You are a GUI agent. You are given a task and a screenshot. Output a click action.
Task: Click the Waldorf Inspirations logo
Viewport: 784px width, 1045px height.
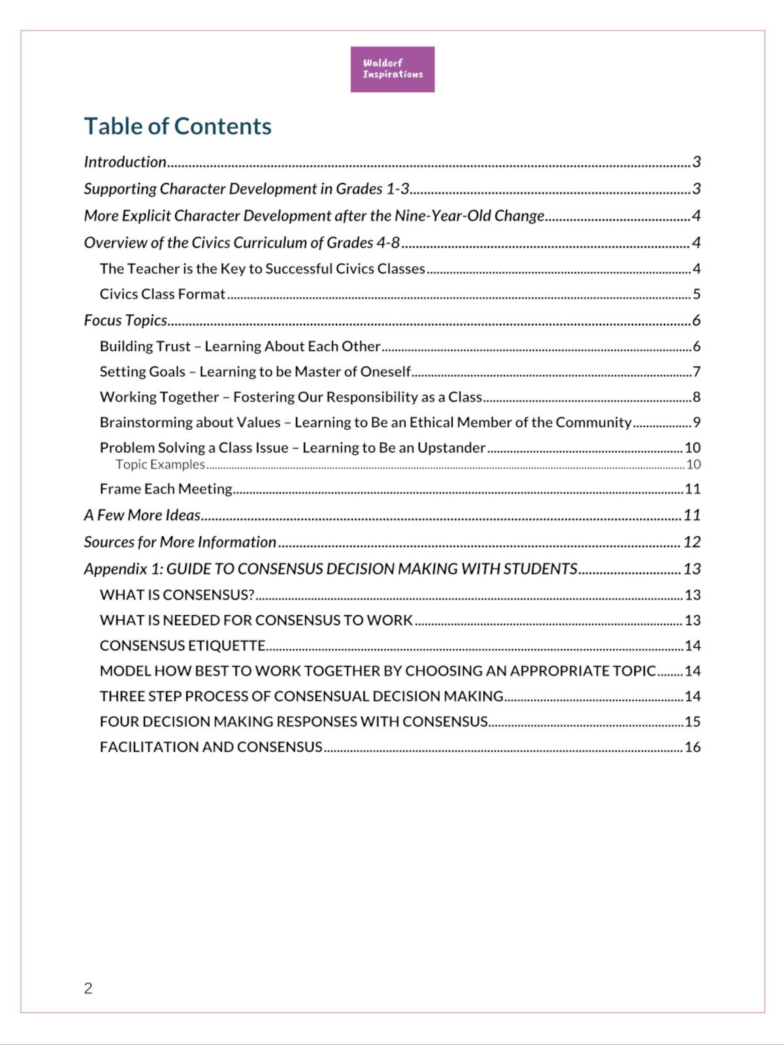point(392,69)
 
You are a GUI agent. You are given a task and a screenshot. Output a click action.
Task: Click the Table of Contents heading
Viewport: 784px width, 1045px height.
point(178,126)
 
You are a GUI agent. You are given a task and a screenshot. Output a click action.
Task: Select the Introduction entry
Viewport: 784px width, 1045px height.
point(125,162)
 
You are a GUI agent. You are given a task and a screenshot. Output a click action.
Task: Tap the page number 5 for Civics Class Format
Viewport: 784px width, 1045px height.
point(696,294)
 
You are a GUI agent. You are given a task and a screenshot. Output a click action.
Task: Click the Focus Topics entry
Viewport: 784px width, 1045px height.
point(125,320)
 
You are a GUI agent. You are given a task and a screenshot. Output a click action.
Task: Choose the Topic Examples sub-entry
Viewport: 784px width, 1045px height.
point(160,464)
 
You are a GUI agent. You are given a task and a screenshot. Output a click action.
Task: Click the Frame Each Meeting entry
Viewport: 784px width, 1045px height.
point(166,489)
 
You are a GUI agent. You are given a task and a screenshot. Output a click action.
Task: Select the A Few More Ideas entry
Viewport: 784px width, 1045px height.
point(142,515)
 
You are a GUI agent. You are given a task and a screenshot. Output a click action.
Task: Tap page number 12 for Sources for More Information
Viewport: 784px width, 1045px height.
point(692,542)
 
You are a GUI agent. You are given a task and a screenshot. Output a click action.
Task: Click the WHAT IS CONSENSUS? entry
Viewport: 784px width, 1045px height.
point(177,595)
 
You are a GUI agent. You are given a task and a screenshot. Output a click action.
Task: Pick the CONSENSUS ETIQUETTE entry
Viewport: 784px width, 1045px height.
point(182,646)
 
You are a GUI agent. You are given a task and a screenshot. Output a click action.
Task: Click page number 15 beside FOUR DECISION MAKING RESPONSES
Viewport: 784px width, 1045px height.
point(693,722)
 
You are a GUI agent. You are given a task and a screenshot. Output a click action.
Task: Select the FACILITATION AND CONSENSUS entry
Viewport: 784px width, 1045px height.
point(211,747)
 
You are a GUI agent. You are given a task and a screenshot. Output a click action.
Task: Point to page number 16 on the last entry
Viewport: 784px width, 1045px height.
point(693,747)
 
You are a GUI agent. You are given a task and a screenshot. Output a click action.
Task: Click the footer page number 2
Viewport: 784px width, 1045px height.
point(88,988)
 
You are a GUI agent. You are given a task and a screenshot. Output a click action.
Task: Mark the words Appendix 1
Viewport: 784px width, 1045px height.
point(123,569)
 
